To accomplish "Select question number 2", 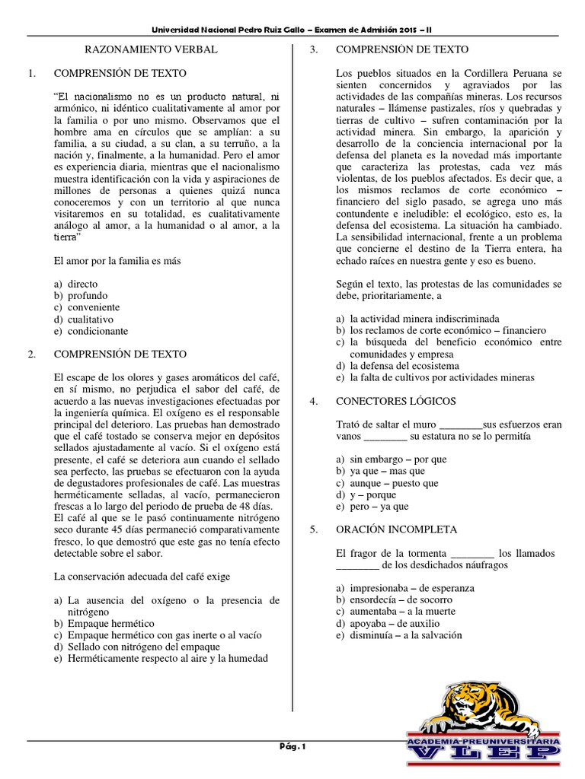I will coord(31,355).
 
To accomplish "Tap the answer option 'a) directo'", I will coord(79,283).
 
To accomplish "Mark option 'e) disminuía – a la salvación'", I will coord(400,636).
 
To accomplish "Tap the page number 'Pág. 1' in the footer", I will coord(292,747).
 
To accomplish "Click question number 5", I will coord(312,529).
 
